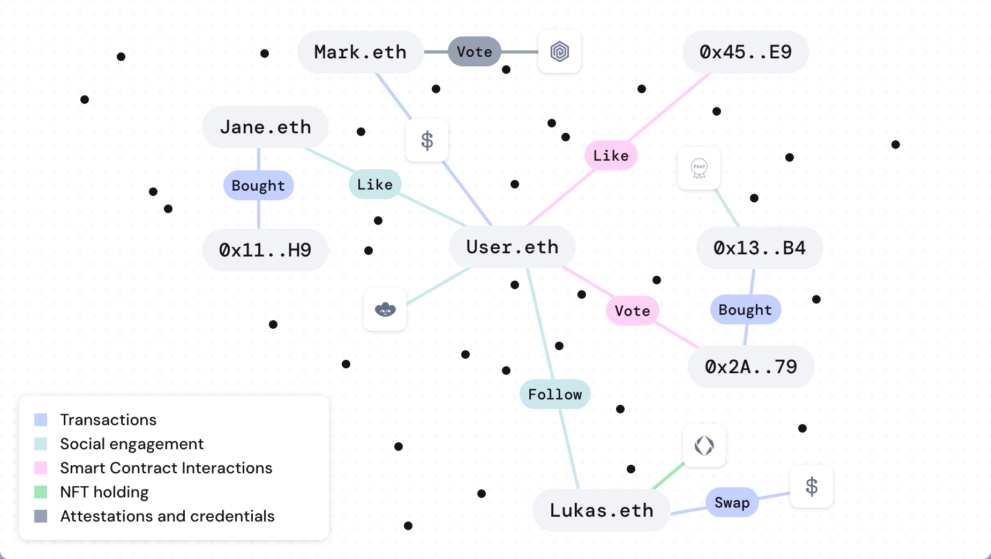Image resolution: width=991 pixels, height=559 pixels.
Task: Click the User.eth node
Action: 512,247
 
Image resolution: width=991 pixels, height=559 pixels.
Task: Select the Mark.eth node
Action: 360,52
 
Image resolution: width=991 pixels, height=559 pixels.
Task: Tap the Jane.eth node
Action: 265,127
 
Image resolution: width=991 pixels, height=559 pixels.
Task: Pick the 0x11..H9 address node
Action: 265,250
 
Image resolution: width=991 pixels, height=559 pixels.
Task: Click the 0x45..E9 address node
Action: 745,52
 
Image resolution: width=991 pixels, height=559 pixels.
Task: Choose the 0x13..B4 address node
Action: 759,248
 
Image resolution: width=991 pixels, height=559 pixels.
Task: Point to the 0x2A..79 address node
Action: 750,367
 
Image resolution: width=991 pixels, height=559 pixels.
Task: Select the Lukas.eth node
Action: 601,510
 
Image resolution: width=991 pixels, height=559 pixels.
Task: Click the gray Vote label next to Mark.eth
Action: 474,52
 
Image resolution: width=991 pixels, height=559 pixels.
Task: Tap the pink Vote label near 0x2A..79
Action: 632,311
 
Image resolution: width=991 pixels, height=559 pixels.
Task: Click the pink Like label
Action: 611,155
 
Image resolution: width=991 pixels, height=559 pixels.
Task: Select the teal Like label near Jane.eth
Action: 374,184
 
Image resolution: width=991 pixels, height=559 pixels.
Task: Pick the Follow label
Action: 554,395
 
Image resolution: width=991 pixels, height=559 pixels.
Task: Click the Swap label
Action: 732,502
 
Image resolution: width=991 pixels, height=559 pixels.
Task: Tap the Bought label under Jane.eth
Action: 258,185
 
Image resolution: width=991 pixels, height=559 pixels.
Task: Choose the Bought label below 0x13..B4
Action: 745,309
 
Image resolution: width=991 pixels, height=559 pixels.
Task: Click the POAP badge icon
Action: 699,168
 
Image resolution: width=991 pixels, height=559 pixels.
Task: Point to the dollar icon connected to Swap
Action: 812,486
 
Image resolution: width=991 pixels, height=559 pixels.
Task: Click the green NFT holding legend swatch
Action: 41,492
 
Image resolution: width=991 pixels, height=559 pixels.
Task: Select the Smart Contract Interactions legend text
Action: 166,468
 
